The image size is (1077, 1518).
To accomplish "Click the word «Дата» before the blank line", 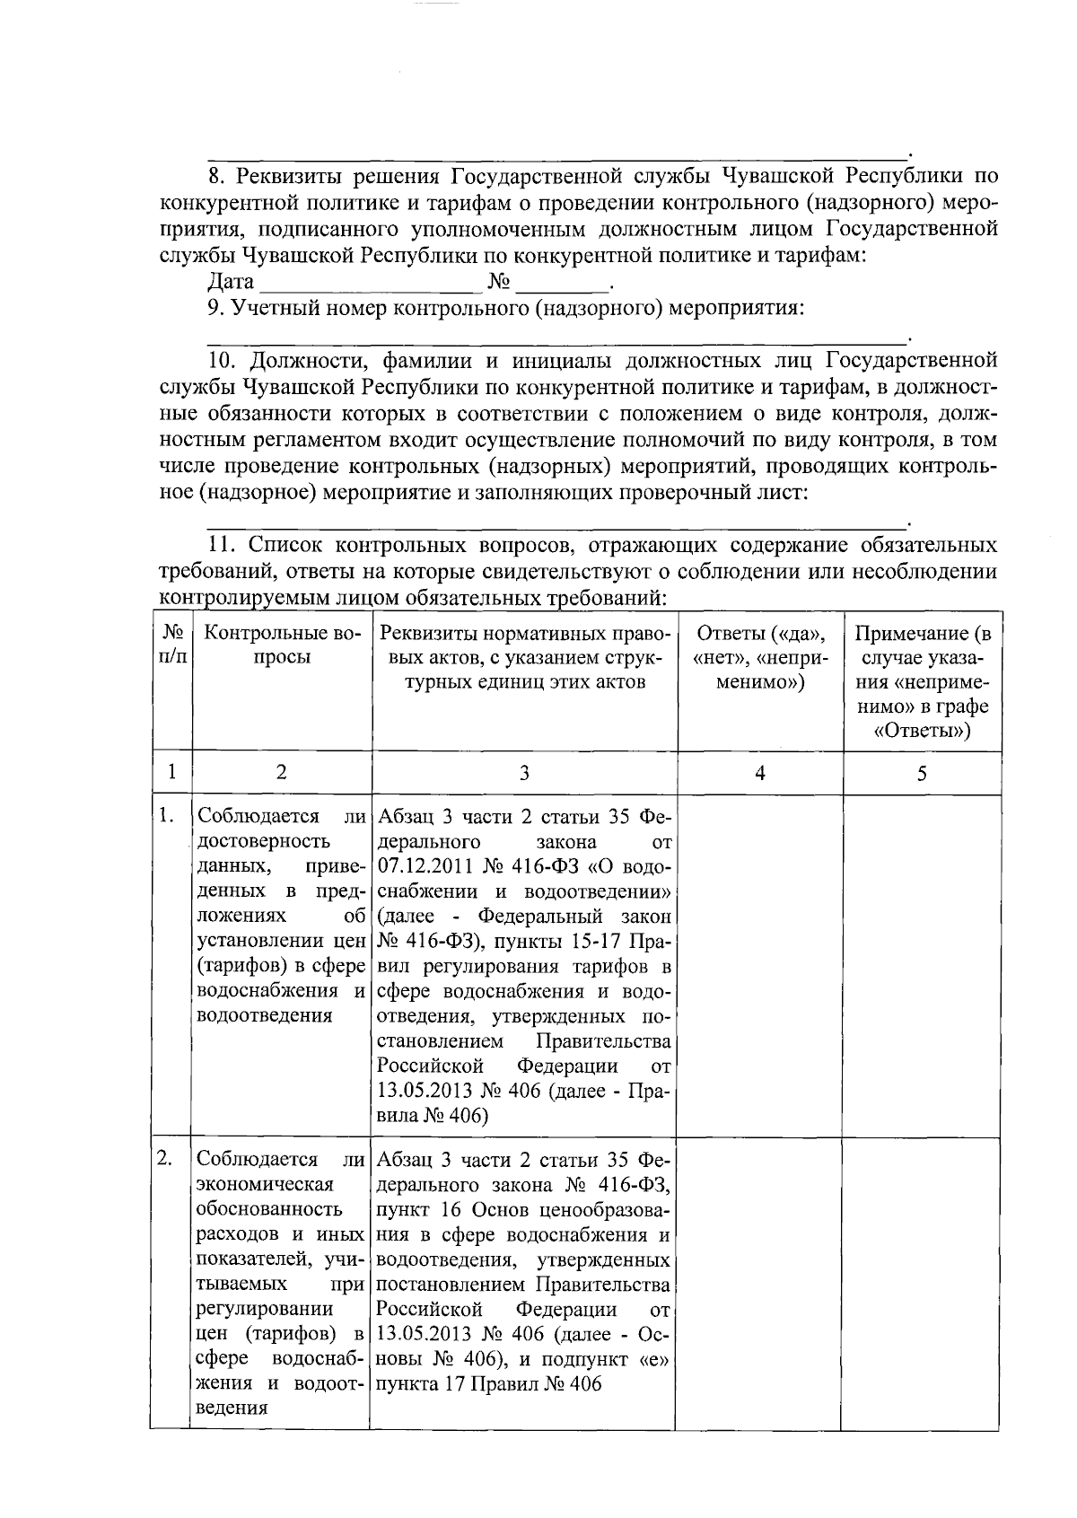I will pos(231,283).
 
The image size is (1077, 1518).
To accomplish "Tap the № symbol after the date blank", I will pos(499,283).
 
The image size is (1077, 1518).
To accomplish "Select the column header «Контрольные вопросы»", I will pos(282,645).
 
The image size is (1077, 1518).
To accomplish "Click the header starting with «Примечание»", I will pos(922,682).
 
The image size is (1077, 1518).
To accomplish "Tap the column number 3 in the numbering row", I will pos(524,773).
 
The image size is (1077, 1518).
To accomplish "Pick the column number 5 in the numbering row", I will pos(922,773).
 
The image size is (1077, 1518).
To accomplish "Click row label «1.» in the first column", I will pos(165,816).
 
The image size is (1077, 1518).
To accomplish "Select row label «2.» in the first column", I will pos(165,1159).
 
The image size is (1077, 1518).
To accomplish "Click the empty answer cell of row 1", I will pos(759,965).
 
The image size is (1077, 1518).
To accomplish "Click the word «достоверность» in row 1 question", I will pos(252,841).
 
